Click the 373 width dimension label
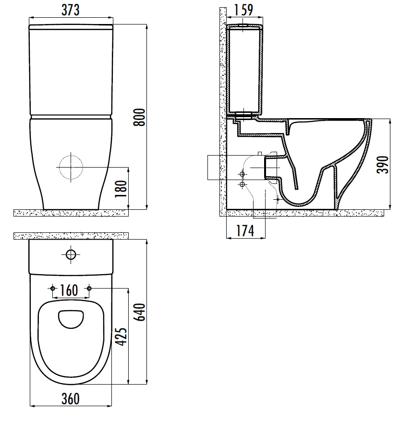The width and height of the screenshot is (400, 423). (71, 10)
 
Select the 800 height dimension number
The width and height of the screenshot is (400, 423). (139, 117)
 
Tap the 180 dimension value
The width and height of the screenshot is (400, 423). (121, 189)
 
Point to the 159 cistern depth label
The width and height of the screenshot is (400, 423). (243, 10)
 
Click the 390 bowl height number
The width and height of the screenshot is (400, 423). (383, 165)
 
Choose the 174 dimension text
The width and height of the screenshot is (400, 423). (245, 231)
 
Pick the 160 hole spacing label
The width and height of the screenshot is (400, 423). (69, 290)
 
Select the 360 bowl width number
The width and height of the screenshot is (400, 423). (71, 399)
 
